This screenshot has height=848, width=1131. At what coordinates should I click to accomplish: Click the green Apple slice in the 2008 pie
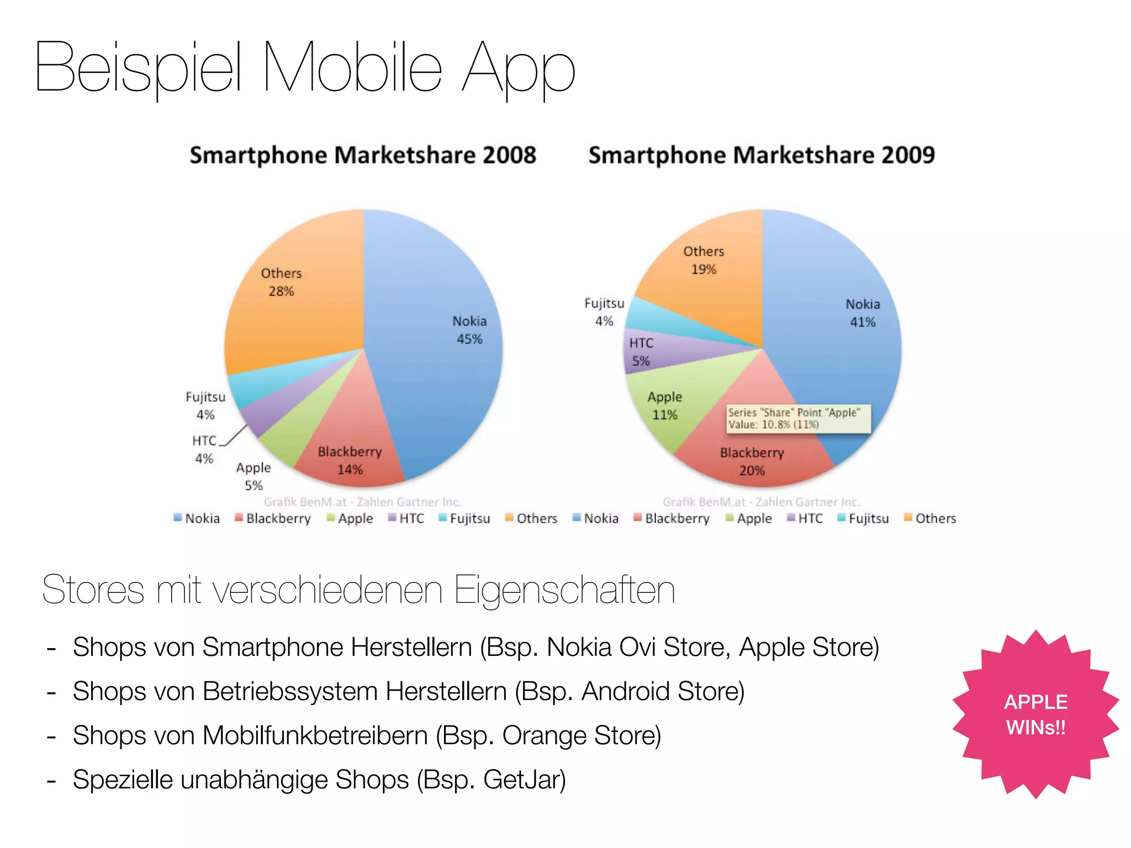293,436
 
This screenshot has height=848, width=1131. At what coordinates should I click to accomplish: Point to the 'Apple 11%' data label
664,406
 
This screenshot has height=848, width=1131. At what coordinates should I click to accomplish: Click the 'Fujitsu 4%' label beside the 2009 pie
604,312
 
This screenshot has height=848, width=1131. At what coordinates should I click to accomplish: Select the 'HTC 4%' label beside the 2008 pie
204,449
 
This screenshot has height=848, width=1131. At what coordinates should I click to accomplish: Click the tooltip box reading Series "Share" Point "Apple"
798,418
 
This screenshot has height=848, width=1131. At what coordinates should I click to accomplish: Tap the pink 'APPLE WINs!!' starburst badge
1035,714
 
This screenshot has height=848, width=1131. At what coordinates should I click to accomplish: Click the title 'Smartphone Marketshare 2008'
363,155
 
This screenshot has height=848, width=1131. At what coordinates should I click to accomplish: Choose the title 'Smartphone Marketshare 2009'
762,155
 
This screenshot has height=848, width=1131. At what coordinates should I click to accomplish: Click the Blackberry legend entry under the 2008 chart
273,518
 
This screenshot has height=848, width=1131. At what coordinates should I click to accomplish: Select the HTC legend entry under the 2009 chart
805,518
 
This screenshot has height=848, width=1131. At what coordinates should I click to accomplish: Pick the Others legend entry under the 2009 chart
930,518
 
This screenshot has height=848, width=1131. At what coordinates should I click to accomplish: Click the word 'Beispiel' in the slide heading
138,67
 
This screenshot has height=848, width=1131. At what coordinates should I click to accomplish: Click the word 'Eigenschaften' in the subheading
564,590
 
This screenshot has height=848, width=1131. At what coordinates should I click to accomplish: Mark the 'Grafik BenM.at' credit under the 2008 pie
305,502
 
